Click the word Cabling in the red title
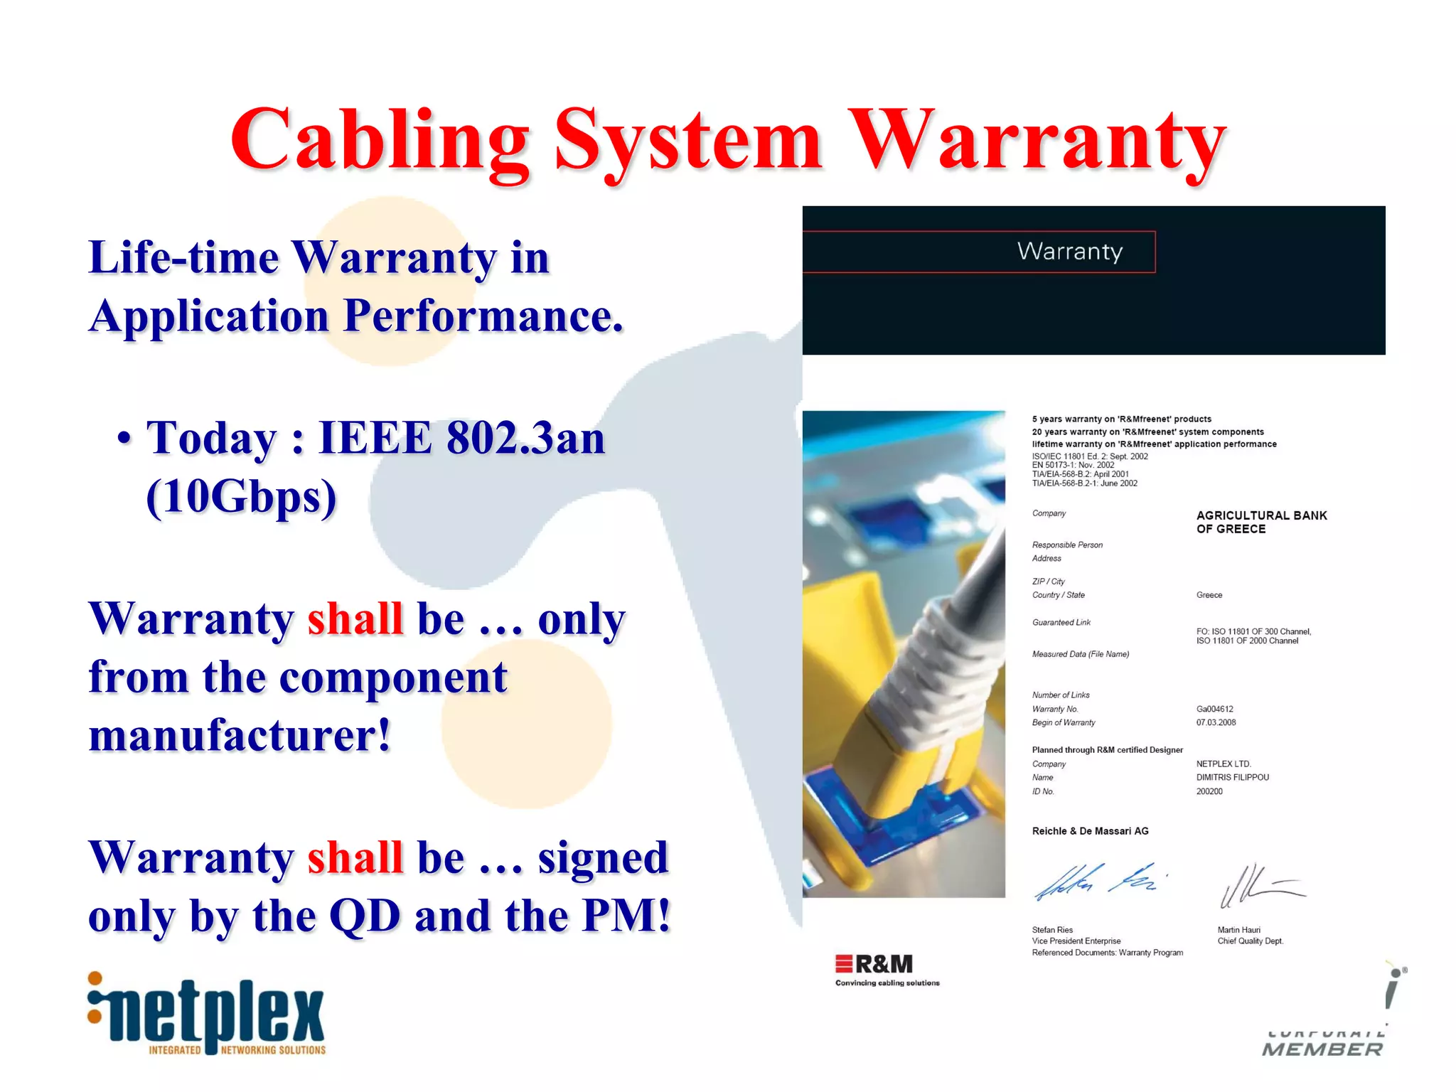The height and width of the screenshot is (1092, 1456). [x=380, y=140]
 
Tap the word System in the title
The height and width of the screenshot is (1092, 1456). [x=687, y=140]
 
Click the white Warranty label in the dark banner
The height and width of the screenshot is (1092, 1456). [x=1069, y=251]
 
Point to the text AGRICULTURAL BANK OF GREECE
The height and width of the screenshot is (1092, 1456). [x=1260, y=522]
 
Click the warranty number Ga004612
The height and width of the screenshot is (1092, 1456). [x=1214, y=709]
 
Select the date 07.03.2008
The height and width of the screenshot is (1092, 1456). [x=1216, y=722]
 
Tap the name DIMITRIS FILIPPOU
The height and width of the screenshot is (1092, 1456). [x=1232, y=777]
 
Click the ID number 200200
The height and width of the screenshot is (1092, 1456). [x=1209, y=791]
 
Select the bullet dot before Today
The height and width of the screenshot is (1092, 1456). [x=124, y=438]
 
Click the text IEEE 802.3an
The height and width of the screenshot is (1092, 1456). [x=461, y=437]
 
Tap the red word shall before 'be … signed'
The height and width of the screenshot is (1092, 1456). [x=355, y=857]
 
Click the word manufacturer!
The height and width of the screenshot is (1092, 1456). [x=240, y=735]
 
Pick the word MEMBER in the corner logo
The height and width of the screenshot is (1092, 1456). [x=1322, y=1049]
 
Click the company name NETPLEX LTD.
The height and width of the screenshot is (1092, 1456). [x=1224, y=764]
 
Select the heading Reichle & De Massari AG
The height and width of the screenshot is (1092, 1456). [x=1090, y=831]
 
